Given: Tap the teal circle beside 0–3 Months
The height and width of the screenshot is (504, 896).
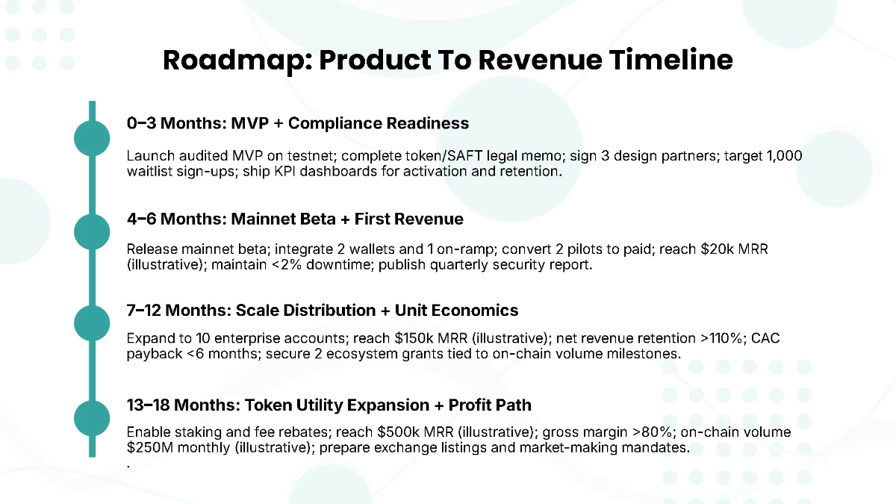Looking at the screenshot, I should click(x=93, y=138).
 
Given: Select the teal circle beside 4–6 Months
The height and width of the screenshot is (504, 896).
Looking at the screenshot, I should click(x=93, y=231).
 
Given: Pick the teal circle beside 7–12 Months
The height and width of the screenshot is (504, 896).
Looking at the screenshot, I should click(x=93, y=323).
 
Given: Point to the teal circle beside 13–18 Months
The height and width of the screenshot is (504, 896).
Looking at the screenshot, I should click(x=93, y=417).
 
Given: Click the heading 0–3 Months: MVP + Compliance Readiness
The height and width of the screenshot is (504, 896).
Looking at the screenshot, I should click(x=298, y=123).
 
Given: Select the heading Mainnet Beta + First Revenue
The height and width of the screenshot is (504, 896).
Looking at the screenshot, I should click(x=347, y=219).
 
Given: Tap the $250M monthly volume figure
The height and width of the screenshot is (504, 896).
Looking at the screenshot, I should click(x=147, y=448).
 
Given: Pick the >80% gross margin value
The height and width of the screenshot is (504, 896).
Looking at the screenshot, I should click(x=635, y=432).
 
